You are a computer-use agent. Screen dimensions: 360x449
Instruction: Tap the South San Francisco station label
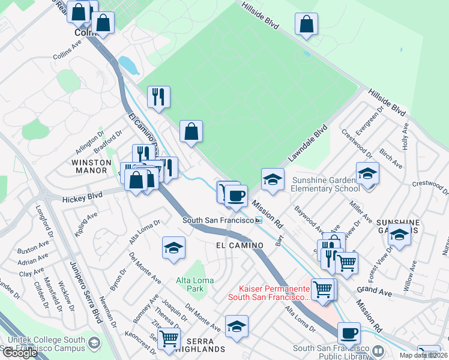point(218,221)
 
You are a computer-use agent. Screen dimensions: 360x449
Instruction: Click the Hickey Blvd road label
point(76,196)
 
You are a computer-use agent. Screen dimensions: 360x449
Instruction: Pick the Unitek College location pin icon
point(94,343)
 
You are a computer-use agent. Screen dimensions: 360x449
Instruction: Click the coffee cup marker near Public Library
point(348,333)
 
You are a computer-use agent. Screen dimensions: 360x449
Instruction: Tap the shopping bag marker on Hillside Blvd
point(306,24)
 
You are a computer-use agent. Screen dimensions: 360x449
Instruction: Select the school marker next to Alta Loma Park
point(173,248)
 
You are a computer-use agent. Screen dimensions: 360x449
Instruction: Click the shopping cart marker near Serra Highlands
point(169,338)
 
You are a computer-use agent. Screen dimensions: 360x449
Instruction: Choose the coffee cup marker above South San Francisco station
point(236,195)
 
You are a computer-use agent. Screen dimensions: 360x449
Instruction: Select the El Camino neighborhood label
point(240,245)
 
